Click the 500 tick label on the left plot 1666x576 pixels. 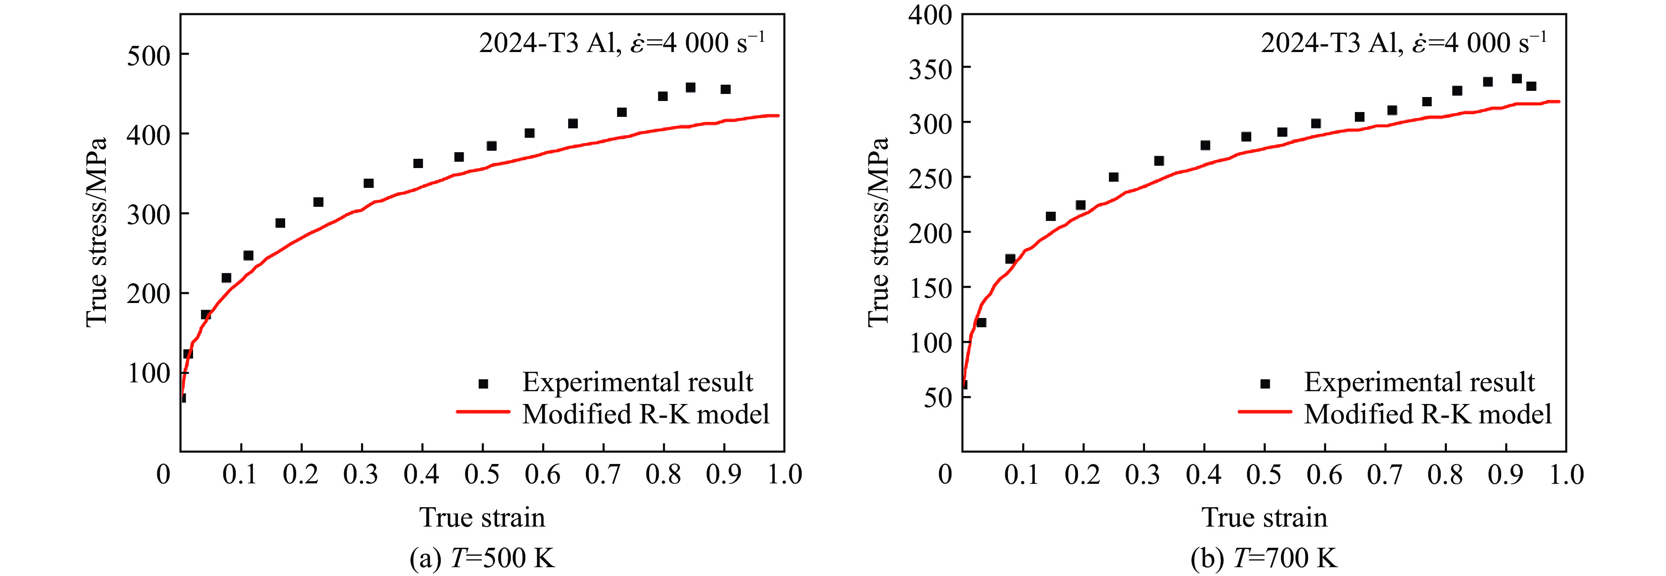point(148,56)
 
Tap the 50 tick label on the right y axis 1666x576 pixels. point(938,397)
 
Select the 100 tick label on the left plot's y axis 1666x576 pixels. point(148,374)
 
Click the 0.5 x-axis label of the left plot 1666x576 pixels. point(481,475)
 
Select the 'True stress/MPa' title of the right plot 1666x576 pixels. point(878,232)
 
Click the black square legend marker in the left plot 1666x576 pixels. point(483,384)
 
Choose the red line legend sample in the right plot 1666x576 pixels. point(1264,411)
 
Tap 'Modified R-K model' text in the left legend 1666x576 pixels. point(645,414)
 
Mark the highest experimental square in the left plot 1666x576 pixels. point(690,87)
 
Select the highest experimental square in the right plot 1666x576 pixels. point(1517,79)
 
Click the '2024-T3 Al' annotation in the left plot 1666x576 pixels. point(547,43)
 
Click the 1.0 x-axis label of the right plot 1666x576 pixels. point(1566,475)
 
